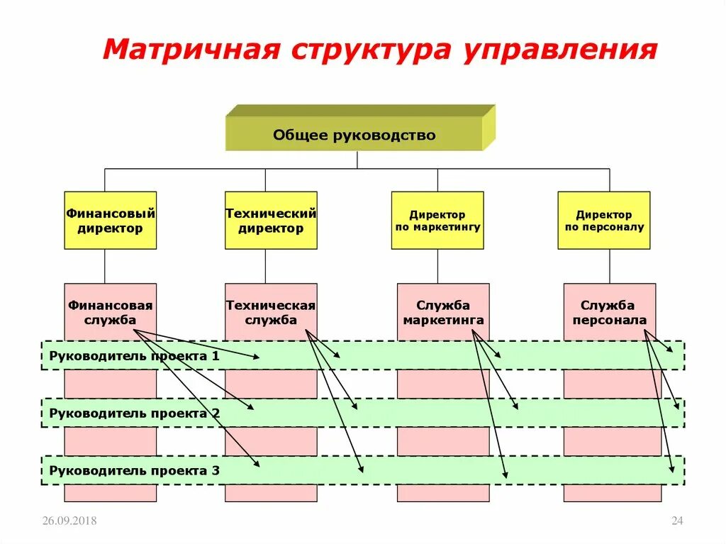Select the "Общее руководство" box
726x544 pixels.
coord(354,135)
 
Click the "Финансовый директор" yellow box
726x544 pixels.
coord(111,221)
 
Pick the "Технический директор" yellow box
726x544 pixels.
coord(271,221)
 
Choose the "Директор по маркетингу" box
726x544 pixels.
coord(437,221)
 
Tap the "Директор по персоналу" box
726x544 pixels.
coord(604,221)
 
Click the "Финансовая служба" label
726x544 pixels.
coord(111,313)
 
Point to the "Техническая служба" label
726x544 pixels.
coord(271,313)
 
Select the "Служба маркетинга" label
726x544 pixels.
coord(443,313)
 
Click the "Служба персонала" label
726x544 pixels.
coord(610,313)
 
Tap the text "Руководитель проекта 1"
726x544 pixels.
coord(134,356)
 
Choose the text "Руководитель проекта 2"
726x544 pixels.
coord(134,413)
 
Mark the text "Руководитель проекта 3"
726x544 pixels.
coord(134,470)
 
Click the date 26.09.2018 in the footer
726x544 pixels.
coord(69,521)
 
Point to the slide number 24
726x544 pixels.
coord(676,521)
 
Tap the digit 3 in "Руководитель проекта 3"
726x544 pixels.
coord(216,470)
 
